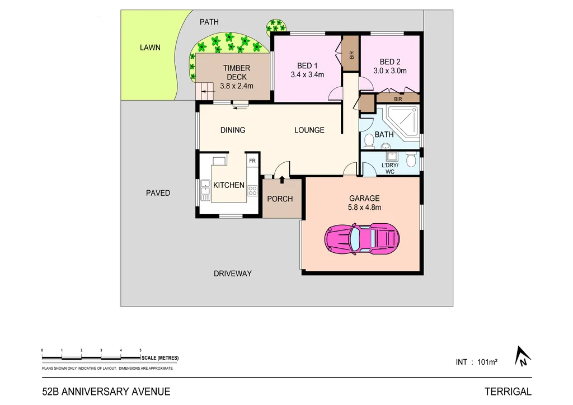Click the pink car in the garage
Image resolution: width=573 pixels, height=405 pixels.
click(363, 238)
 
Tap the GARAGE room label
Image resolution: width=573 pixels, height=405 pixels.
click(364, 198)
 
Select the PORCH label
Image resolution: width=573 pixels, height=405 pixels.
click(280, 199)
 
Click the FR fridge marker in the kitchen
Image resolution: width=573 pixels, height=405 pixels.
click(252, 161)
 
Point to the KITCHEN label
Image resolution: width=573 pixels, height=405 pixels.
click(229, 185)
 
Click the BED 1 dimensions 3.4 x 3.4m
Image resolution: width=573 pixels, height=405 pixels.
click(308, 74)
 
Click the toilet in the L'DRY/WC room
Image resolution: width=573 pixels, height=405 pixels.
click(411, 161)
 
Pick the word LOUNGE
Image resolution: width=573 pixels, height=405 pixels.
click(309, 130)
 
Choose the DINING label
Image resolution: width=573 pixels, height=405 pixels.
click(232, 130)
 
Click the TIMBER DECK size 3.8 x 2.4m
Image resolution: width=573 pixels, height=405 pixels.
click(237, 86)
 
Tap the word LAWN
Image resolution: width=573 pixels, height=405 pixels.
click(150, 48)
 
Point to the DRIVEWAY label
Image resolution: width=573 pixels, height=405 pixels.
click(233, 274)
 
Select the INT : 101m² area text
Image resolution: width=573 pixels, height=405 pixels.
click(477, 362)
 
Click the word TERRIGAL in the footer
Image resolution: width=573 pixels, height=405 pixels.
click(508, 392)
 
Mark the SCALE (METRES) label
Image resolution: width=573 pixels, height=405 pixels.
click(160, 358)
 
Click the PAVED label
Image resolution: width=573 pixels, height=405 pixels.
click(158, 193)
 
